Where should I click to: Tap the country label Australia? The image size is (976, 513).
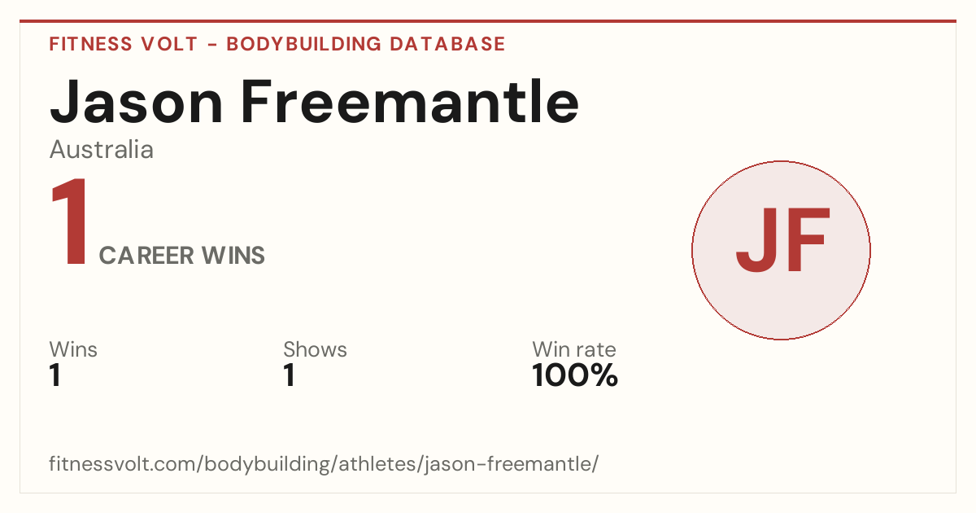click(x=102, y=150)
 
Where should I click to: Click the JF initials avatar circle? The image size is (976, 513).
click(x=782, y=250)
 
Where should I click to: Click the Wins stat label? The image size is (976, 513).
click(x=73, y=350)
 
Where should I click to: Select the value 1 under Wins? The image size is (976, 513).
click(x=55, y=375)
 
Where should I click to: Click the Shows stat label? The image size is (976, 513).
click(x=315, y=350)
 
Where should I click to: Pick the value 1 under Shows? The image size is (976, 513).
click(x=290, y=375)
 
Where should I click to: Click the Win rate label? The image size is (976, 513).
click(x=574, y=350)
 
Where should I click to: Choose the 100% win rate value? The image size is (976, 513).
click(x=575, y=375)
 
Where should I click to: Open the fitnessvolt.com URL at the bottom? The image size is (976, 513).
click(x=325, y=464)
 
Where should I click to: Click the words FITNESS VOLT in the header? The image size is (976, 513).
click(x=124, y=44)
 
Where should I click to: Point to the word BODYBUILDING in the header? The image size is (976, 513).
click(x=304, y=44)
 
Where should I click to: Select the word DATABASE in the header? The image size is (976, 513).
click(x=447, y=44)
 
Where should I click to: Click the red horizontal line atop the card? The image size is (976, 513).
click(x=488, y=21)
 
